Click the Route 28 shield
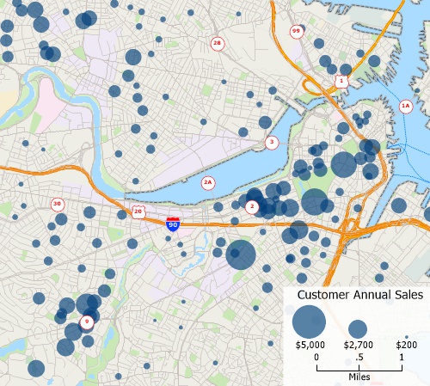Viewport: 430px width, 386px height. (217, 43)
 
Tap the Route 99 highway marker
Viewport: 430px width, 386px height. (296, 32)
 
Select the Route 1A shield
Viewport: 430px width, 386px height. (406, 106)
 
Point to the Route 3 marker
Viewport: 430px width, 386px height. (272, 142)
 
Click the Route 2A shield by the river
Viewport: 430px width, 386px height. (207, 182)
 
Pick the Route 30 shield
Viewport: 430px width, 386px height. (57, 204)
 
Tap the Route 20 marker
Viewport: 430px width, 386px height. (138, 211)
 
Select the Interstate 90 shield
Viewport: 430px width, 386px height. (173, 224)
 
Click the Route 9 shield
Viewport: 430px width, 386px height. (86, 322)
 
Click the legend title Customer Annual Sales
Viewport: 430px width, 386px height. (359, 295)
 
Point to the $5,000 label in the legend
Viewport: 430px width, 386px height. (309, 345)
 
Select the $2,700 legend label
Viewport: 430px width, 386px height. (358, 345)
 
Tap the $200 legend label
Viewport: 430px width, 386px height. (406, 345)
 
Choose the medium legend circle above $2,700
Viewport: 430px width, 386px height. (358, 328)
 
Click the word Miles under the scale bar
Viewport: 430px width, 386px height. (359, 377)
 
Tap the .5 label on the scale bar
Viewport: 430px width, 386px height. (359, 357)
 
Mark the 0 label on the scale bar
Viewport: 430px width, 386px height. (316, 357)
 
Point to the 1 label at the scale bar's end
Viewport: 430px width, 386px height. (401, 357)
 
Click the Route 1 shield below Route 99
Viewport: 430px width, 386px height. (341, 81)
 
